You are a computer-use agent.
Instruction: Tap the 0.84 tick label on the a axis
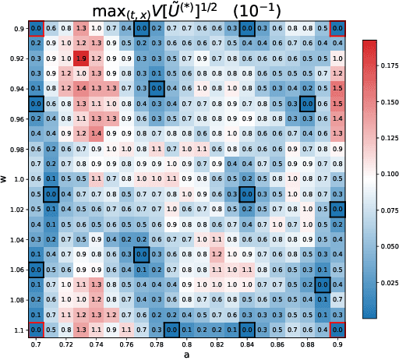[247, 344]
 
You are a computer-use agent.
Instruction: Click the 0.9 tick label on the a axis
[337, 344]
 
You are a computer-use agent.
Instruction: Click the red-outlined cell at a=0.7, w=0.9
[36, 30]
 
